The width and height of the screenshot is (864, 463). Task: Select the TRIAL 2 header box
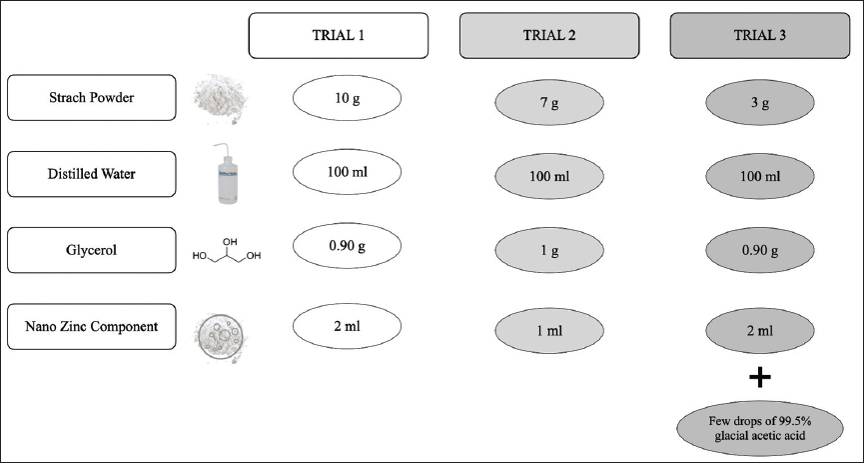click(x=548, y=35)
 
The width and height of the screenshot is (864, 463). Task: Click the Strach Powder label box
click(x=92, y=98)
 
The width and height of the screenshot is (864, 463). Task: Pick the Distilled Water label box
click(x=92, y=174)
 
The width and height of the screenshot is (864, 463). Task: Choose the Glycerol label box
click(x=92, y=250)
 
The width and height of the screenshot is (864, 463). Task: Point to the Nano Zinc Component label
click(x=92, y=327)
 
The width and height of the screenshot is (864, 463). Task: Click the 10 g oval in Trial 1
click(x=347, y=98)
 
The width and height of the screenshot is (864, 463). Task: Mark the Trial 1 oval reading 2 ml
click(x=347, y=326)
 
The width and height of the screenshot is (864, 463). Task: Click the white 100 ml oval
click(x=347, y=174)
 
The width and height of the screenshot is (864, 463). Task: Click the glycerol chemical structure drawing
click(x=227, y=249)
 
